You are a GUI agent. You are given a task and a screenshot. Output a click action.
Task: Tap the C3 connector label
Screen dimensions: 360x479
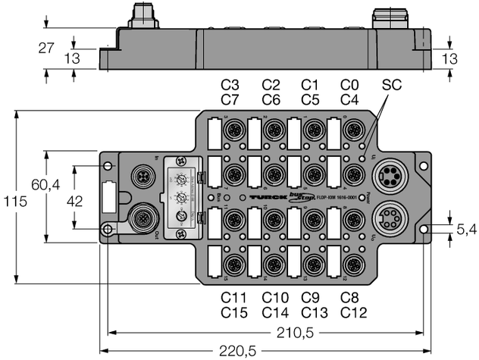[230, 84]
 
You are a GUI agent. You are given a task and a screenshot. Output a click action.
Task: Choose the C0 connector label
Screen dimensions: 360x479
[349, 84]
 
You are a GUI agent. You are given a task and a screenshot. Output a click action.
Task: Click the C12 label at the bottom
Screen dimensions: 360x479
[349, 312]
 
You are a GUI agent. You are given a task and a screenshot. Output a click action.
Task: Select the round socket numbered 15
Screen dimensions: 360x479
[232, 263]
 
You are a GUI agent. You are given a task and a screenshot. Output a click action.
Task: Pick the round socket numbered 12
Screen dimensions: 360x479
[351, 263]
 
